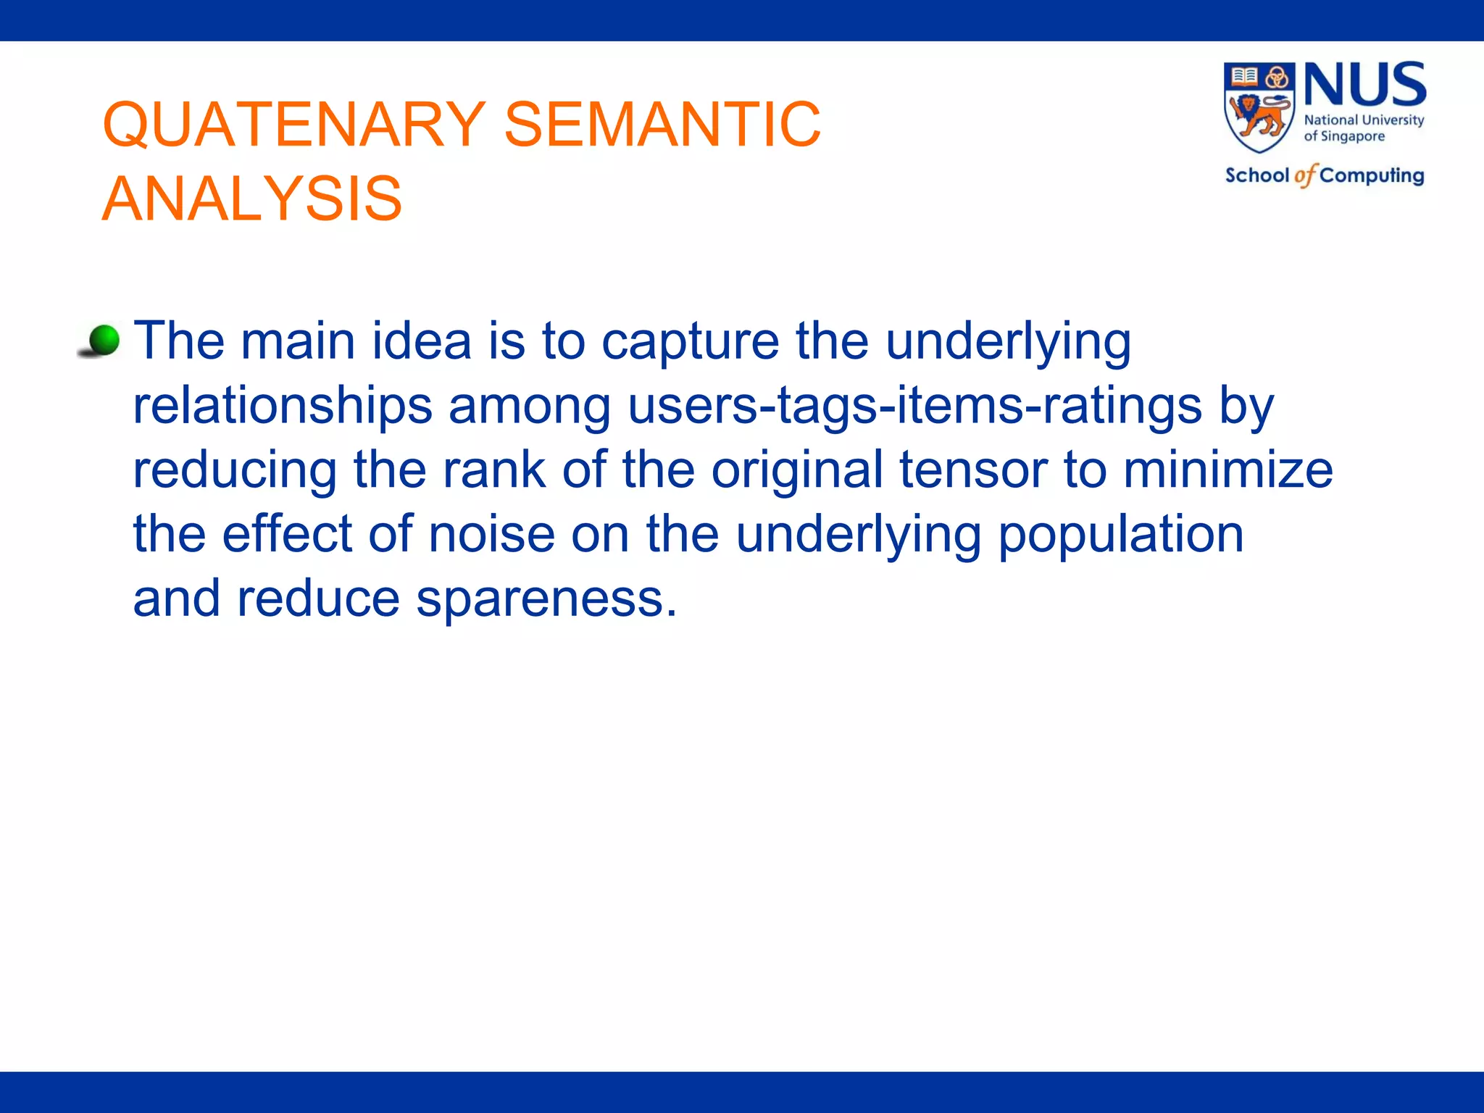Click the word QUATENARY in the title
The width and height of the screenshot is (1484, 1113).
click(293, 125)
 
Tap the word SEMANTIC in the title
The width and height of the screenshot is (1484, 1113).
click(662, 125)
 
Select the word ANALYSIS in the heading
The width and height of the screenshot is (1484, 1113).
click(251, 199)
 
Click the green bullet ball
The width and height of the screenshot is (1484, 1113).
click(104, 341)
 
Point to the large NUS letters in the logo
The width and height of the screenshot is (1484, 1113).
click(1365, 86)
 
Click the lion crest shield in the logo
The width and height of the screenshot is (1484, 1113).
click(1259, 107)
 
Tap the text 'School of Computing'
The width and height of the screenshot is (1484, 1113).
click(1324, 175)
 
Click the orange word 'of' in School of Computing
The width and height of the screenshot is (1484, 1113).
click(1304, 175)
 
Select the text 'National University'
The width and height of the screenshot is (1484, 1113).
click(1364, 120)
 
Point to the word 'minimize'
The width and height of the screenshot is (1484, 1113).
click(1227, 470)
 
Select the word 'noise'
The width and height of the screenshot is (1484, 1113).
click(492, 534)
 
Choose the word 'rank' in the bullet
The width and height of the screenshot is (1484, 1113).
click(494, 470)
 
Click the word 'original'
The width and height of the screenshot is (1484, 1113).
click(797, 470)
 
